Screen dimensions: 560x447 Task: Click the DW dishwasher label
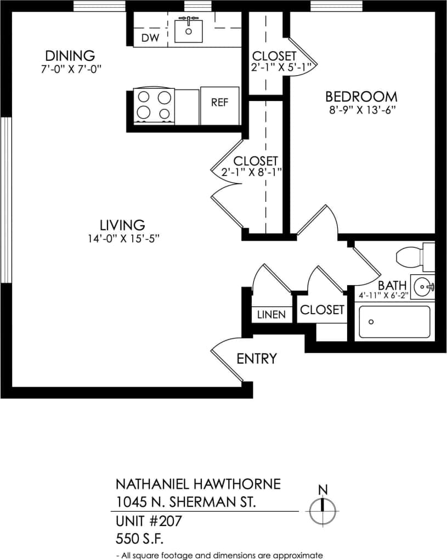(x=150, y=38)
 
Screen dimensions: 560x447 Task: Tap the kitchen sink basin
(x=189, y=31)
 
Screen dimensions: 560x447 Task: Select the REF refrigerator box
(x=219, y=103)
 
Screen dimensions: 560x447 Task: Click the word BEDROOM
(x=361, y=97)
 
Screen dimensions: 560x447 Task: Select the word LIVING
(x=122, y=225)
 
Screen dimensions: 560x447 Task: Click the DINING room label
(x=70, y=55)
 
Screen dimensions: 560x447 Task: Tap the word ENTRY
(x=256, y=359)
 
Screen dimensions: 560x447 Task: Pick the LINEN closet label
(x=271, y=315)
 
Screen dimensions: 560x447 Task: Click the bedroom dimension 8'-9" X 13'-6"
(x=361, y=110)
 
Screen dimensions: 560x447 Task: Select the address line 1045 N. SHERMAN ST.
(x=185, y=501)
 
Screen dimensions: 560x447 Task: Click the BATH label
(x=392, y=286)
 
